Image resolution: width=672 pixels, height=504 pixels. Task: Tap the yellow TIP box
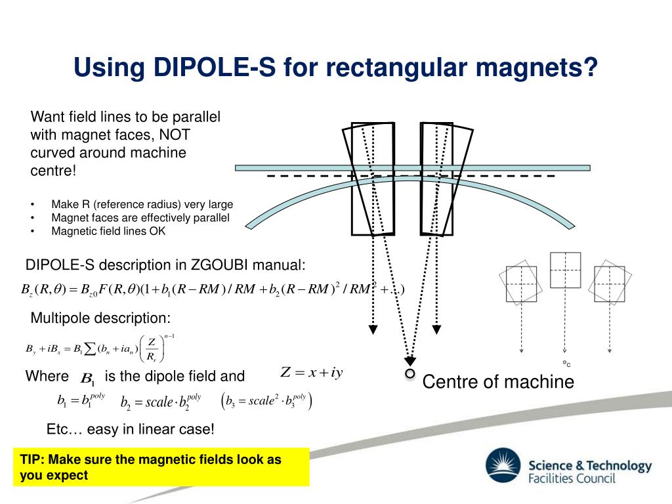click(x=161, y=467)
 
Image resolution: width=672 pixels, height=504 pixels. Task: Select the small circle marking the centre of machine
click(x=410, y=373)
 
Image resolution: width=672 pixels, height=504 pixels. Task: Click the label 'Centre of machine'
click(x=498, y=381)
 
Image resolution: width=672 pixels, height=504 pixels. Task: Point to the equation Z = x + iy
click(x=312, y=373)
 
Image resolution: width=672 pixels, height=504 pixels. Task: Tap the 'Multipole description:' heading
click(x=100, y=318)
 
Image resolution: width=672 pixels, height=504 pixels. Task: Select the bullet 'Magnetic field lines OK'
click(x=108, y=231)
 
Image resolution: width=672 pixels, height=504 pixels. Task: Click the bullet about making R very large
click(x=142, y=204)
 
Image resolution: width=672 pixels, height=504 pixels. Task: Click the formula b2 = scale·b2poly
click(x=161, y=402)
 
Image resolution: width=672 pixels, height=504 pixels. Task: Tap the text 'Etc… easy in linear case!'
click(x=131, y=429)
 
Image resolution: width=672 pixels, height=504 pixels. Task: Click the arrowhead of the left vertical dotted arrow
click(x=373, y=329)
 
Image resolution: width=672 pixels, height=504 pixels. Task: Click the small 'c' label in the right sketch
click(x=566, y=364)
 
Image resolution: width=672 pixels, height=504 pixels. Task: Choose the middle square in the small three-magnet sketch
click(x=565, y=270)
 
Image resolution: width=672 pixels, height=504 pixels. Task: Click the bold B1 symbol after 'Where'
click(x=87, y=379)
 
